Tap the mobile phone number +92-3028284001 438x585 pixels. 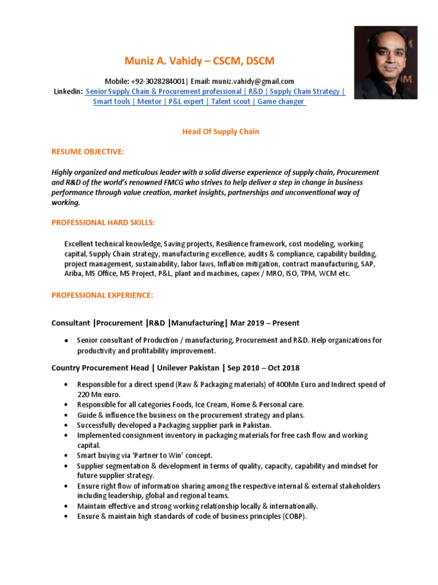point(158,82)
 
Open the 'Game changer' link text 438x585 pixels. point(281,102)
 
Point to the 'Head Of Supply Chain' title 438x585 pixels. point(221,132)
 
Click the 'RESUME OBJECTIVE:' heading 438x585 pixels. point(87,152)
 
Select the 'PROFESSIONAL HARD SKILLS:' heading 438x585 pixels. point(103,222)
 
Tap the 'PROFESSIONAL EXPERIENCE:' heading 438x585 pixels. point(102,295)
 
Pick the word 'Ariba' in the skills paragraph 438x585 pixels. point(73,274)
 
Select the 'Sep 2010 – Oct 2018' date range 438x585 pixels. point(264,368)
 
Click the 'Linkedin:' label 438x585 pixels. point(68,91)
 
